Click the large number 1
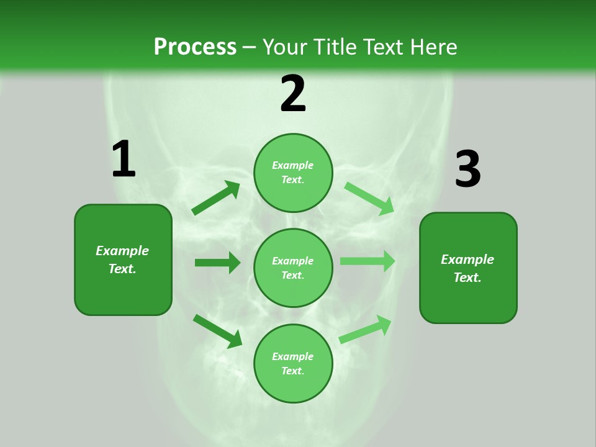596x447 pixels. pos(124,159)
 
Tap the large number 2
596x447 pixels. pos(293,94)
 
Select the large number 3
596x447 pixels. pos(467,169)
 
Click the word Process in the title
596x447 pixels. pos(195,47)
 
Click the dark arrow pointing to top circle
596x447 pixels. pos(216,198)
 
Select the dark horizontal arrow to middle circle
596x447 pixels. pos(217,263)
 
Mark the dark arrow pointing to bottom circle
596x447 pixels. pos(217,331)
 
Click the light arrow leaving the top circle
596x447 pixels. pos(369,198)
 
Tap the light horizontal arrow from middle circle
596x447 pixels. pos(368,261)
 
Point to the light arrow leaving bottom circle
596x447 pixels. pos(365,329)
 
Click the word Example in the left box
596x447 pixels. pos(122,251)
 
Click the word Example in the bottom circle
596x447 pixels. pos(293,356)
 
